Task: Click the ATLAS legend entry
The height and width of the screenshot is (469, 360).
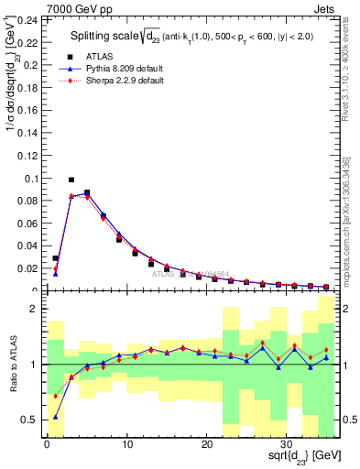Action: click(97, 57)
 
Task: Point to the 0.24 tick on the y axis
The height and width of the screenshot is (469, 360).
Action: click(25, 20)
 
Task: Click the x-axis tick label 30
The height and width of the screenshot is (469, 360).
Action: click(286, 445)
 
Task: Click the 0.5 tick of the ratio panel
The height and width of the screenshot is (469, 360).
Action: click(29, 420)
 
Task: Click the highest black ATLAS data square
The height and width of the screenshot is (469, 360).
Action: click(71, 180)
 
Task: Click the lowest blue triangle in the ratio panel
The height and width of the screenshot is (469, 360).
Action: click(56, 416)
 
